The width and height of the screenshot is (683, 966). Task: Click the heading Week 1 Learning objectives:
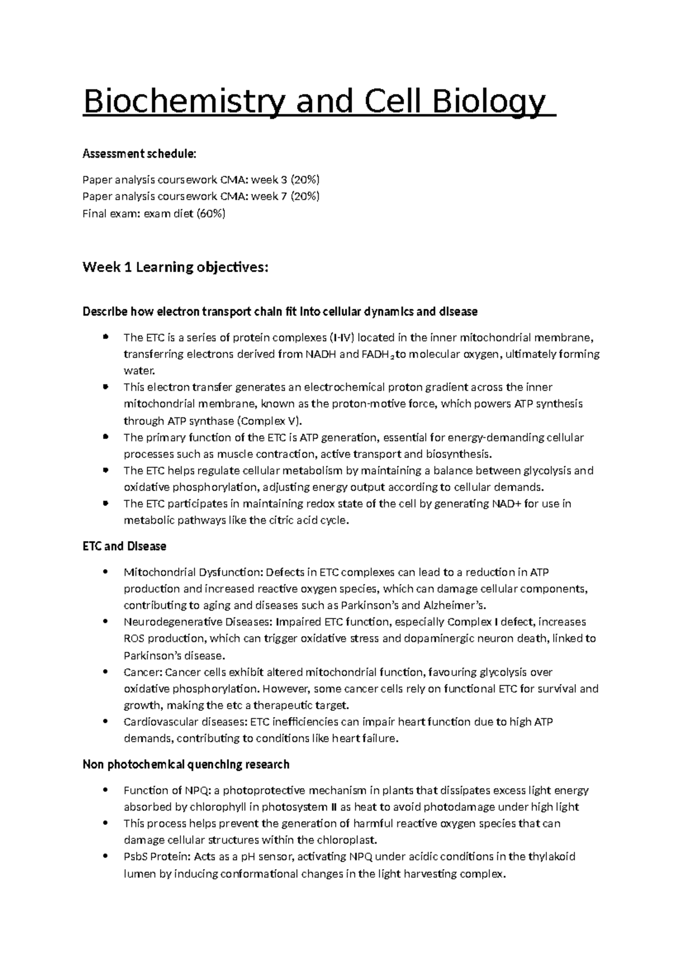(x=175, y=267)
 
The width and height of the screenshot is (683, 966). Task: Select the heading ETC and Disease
(x=124, y=546)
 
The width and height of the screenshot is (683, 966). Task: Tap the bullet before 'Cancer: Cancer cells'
(x=106, y=672)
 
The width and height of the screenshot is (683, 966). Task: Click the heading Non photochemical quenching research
(x=186, y=764)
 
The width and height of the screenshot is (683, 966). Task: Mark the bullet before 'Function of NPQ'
(x=106, y=790)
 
